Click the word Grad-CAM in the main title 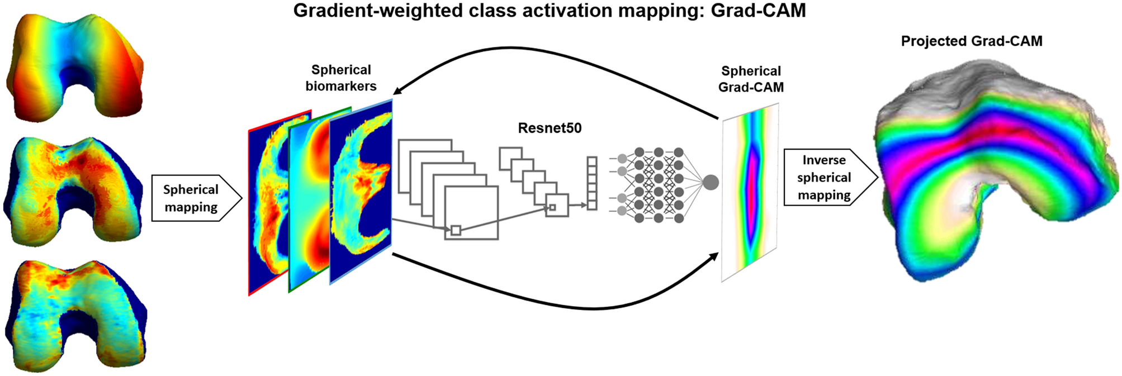758,10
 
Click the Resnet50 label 549,128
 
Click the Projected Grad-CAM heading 971,41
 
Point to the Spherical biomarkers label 340,78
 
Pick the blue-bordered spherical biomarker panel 361,190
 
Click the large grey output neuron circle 710,182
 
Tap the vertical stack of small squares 591,183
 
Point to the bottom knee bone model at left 75,316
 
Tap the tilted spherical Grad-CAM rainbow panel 750,193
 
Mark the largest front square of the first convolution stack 471,212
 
